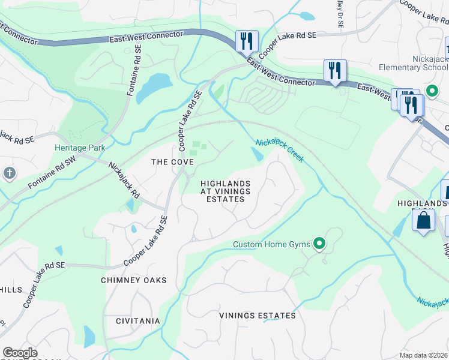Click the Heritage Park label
(x=80, y=148)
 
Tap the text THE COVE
(x=172, y=162)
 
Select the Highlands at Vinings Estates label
(x=225, y=191)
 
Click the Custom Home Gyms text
(x=271, y=244)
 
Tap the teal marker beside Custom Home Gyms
(x=319, y=244)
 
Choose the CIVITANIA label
(x=138, y=321)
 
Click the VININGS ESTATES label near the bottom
(x=257, y=316)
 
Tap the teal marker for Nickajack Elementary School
(x=430, y=91)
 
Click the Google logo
(x=20, y=353)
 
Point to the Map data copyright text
(x=424, y=355)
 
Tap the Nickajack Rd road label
(x=124, y=179)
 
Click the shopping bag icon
(x=424, y=220)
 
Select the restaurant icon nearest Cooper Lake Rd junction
(x=247, y=41)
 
